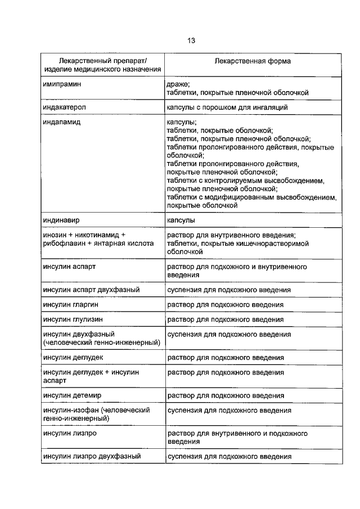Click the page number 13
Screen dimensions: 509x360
coord(191,40)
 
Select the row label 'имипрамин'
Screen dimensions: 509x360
coord(62,83)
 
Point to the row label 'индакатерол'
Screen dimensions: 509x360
coord(65,106)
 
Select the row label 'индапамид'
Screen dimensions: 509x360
coord(62,122)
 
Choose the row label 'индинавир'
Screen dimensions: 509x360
coord(62,220)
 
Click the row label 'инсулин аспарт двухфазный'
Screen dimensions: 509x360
coord(91,290)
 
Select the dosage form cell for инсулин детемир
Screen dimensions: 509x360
coord(225,396)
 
